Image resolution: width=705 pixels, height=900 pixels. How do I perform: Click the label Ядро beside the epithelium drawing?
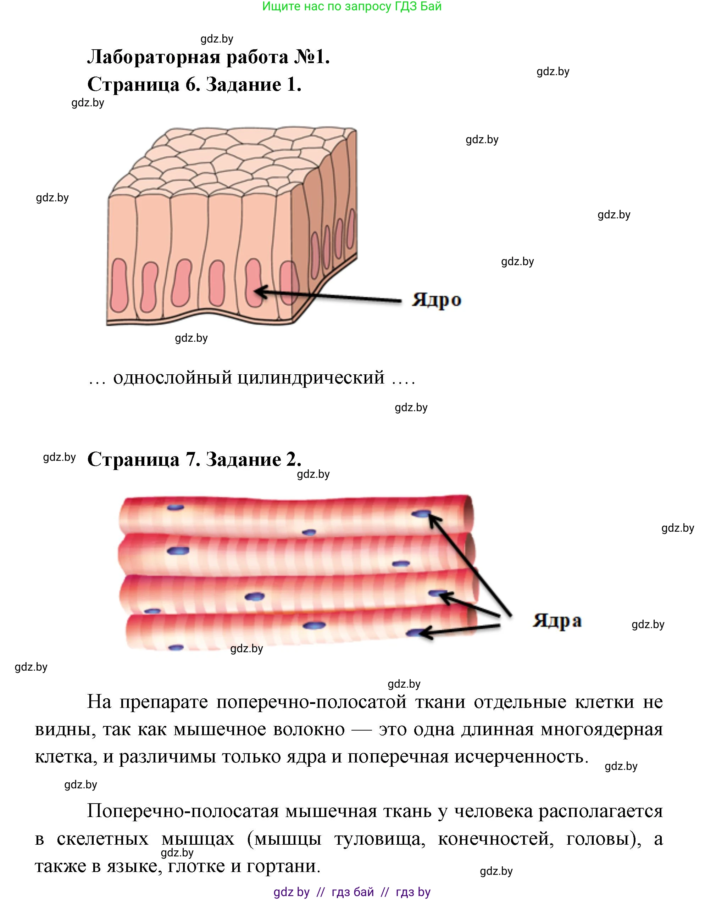(436, 300)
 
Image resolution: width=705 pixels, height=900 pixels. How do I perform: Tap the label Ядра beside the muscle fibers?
(557, 620)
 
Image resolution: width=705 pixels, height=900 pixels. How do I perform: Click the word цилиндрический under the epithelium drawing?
(311, 378)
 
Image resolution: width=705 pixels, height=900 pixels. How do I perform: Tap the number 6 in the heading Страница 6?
(190, 85)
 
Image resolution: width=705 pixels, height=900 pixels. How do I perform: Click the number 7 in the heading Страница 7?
(190, 459)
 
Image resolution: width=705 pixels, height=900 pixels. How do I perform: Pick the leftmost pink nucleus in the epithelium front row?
(119, 285)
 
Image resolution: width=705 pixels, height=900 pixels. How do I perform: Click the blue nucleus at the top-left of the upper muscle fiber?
(176, 507)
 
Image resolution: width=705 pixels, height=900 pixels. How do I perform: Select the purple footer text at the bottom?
(352, 892)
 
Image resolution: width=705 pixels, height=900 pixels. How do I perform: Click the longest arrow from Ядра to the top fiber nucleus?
(471, 565)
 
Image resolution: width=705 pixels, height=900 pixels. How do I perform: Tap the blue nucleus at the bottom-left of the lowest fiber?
(176, 648)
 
